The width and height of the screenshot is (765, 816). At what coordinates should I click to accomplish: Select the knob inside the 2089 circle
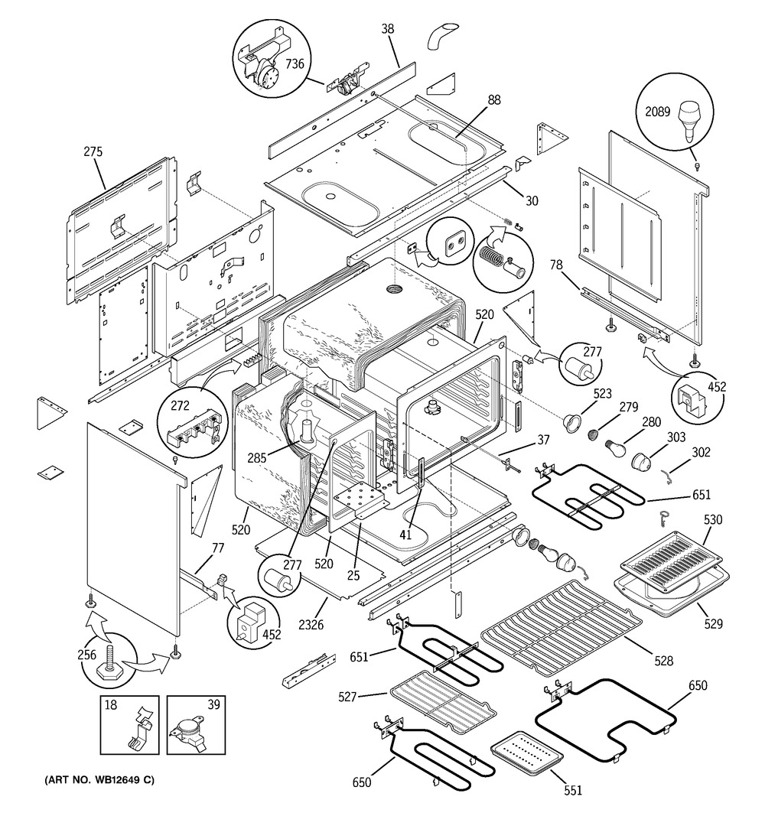click(x=690, y=122)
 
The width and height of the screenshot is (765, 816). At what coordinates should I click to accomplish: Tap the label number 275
click(x=93, y=152)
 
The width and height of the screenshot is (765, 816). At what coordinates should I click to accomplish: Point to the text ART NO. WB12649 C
click(x=94, y=780)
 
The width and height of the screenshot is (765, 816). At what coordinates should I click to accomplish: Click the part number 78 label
click(x=557, y=265)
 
